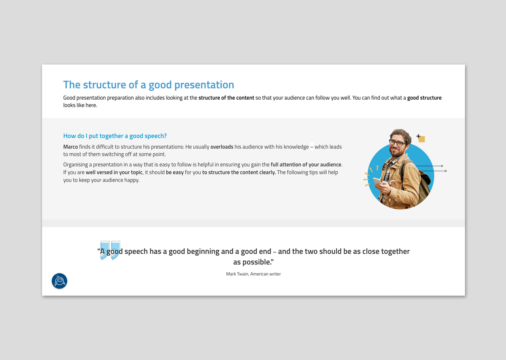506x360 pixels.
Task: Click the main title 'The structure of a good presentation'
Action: click(148, 85)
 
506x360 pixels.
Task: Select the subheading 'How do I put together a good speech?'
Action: click(115, 136)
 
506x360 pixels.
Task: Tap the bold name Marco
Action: click(71, 147)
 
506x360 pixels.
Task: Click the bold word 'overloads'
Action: click(222, 147)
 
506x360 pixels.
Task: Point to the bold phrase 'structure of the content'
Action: click(226, 98)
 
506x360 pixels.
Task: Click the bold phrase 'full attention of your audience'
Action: click(306, 165)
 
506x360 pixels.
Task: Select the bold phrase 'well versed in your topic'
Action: click(114, 172)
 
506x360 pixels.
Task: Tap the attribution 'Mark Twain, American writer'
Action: click(253, 274)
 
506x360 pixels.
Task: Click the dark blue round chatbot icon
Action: click(59, 281)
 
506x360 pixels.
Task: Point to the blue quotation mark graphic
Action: click(110, 250)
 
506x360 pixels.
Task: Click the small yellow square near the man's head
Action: click(422, 139)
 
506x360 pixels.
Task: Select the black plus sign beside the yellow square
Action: click(418, 136)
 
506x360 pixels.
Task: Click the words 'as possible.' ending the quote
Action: click(253, 262)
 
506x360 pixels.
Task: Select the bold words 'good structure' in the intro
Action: click(424, 98)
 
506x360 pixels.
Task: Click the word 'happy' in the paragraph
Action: click(132, 180)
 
